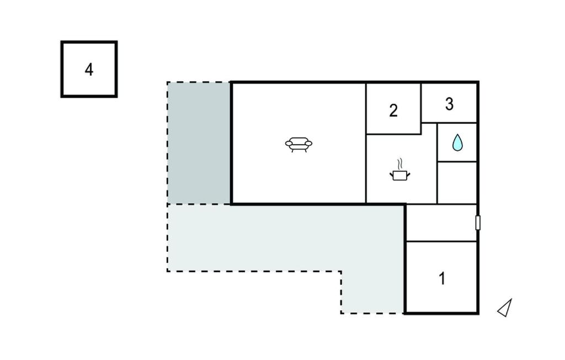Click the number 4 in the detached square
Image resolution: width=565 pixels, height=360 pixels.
tap(89, 70)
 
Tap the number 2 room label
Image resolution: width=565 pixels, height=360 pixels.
tap(393, 111)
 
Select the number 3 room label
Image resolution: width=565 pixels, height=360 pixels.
tap(449, 104)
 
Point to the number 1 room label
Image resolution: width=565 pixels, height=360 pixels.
tap(442, 278)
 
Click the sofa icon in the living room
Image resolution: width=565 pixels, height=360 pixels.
tap(299, 145)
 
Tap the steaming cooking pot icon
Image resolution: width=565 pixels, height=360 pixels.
tap(400, 170)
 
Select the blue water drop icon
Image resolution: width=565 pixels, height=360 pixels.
tap(457, 142)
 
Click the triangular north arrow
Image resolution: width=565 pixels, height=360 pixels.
tap(505, 308)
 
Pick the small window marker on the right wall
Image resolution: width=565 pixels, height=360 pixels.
tap(478, 223)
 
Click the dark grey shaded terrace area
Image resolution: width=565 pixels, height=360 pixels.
tap(199, 143)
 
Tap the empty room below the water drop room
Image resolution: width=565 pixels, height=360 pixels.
tap(457, 183)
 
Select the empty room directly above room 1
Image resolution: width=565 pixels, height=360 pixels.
tap(441, 223)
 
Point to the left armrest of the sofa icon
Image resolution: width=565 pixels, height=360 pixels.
tap(289, 144)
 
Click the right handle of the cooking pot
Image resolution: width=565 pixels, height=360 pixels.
tap(409, 174)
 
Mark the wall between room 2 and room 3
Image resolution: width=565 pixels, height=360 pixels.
tap(421, 103)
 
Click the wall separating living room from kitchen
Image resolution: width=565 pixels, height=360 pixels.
tap(366, 143)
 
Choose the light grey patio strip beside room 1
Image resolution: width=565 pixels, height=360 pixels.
tap(373, 292)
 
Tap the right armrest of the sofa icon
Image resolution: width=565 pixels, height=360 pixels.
tap(308, 144)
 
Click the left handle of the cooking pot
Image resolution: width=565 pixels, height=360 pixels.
tap(391, 174)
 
